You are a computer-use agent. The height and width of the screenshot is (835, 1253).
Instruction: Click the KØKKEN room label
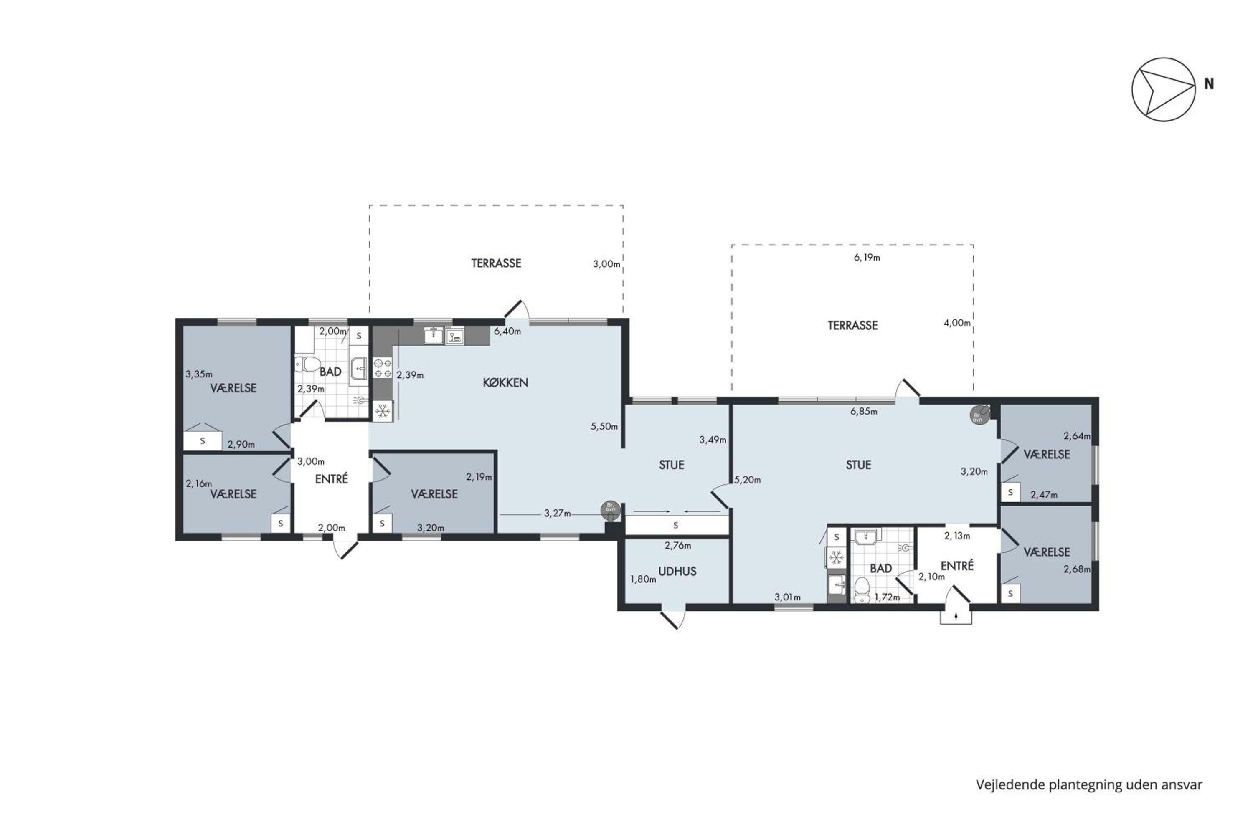[x=505, y=382]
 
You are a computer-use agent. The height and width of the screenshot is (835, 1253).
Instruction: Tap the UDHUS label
[x=677, y=572]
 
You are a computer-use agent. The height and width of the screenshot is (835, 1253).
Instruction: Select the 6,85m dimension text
[x=864, y=412]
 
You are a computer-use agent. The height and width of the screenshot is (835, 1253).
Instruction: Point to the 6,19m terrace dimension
[x=867, y=258]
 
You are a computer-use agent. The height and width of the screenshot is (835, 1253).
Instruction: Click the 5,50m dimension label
[x=604, y=427]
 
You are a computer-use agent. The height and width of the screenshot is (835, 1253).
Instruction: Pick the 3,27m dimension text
[x=557, y=514]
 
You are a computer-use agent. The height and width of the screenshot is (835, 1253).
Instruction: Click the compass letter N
[x=1209, y=83]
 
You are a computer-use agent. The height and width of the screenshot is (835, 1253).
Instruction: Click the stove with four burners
[x=383, y=368]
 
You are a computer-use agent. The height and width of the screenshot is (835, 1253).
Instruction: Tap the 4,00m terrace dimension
[x=957, y=323]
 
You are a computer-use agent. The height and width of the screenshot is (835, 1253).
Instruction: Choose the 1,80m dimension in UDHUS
[x=643, y=579]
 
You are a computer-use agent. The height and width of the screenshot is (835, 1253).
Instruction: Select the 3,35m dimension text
[x=199, y=374]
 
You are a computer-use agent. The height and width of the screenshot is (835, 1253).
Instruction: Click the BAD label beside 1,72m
[x=880, y=569]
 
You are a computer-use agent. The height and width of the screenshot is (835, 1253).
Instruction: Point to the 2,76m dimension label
[x=677, y=545]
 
